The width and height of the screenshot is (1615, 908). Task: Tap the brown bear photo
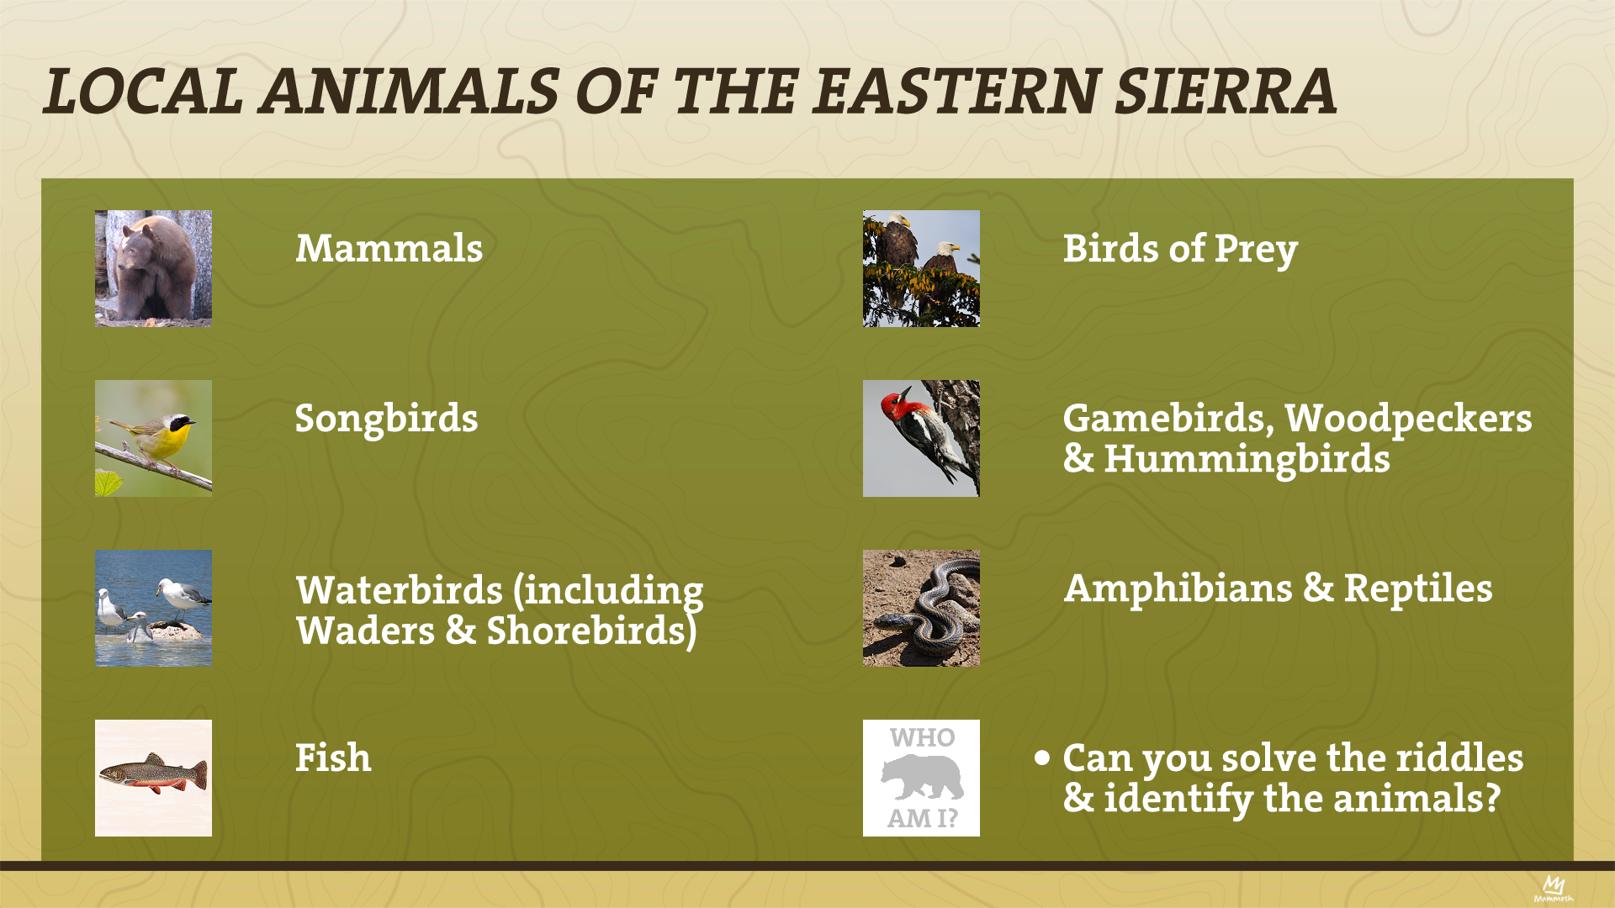[153, 268]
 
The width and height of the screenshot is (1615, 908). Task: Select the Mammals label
[389, 249]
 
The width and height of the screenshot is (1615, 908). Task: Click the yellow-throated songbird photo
[153, 438]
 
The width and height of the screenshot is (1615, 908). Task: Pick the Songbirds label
[386, 419]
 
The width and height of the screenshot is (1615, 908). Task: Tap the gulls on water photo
[153, 608]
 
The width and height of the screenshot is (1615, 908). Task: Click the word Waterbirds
[400, 589]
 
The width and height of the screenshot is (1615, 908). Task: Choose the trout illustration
[153, 778]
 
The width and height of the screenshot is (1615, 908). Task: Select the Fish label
[333, 758]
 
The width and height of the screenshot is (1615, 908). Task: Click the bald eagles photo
[921, 268]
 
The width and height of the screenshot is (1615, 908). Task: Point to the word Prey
[1256, 250]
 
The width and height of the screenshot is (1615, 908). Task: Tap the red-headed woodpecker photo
[921, 438]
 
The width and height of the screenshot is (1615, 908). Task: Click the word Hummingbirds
[1247, 459]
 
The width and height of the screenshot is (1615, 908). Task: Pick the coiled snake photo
[921, 608]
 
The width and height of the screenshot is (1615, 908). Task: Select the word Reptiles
[1418, 589]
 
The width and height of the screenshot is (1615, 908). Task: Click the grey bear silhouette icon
[923, 777]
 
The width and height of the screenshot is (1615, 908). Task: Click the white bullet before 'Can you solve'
[1043, 758]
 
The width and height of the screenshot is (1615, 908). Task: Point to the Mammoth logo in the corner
[1553, 889]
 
